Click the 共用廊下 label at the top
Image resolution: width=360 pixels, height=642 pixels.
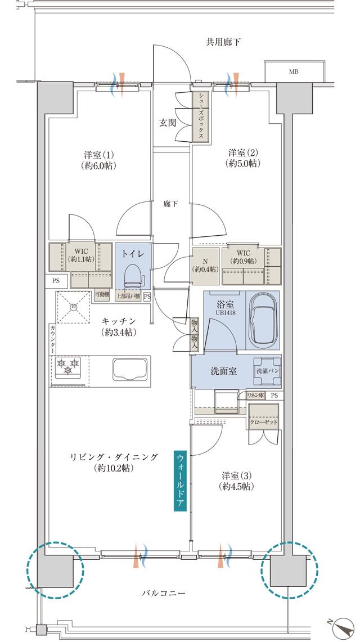223,42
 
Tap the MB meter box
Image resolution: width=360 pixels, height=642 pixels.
294,72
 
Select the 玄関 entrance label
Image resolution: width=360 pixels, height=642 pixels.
167,123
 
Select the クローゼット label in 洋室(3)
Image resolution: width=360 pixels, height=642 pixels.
263,422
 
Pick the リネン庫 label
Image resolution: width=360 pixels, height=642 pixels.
255,396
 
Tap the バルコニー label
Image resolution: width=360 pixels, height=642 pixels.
164,593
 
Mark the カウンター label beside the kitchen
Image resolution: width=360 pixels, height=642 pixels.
52,338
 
